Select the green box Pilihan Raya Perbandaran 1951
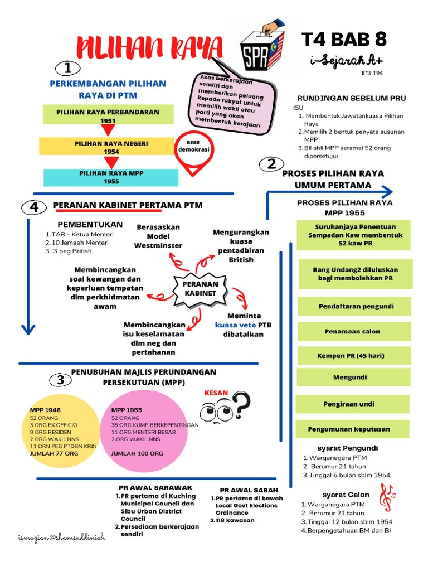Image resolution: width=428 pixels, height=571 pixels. [x=108, y=115]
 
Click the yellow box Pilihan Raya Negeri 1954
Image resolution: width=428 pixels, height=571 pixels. [x=111, y=147]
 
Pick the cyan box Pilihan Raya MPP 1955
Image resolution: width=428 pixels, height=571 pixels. [x=111, y=177]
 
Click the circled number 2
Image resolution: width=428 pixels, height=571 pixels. [x=271, y=164]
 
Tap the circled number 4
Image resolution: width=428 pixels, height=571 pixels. [x=35, y=207]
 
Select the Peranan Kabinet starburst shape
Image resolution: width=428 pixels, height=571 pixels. [x=197, y=288]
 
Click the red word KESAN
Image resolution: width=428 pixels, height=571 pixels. [x=217, y=393]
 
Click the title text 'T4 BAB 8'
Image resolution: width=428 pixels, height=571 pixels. [x=343, y=40]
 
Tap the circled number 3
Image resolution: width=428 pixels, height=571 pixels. [x=61, y=380]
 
